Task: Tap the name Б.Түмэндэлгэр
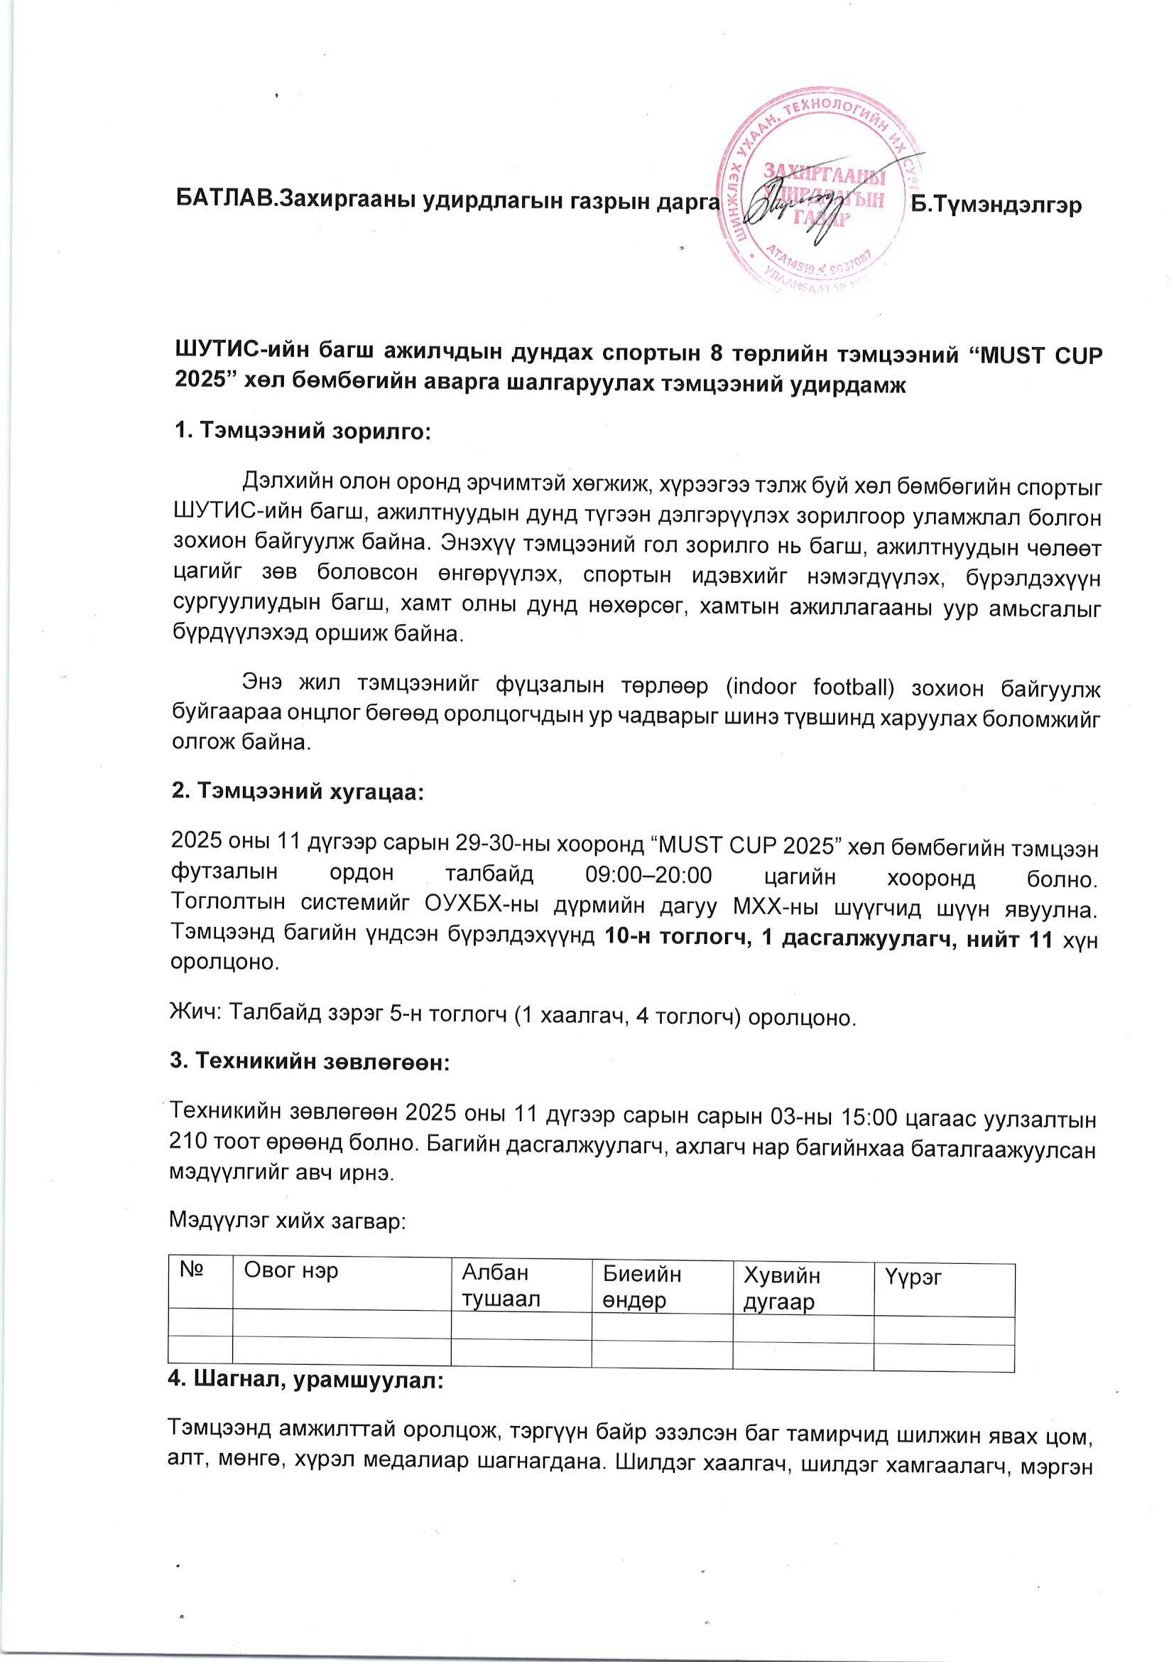(x=995, y=205)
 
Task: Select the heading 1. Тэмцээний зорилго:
(x=303, y=431)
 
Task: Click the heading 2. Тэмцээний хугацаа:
(x=298, y=791)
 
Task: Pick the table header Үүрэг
(x=913, y=1277)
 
